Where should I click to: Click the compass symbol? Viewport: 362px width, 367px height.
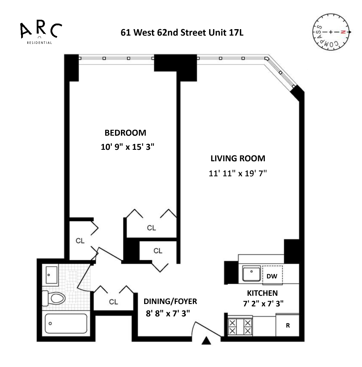pyautogui.click(x=331, y=32)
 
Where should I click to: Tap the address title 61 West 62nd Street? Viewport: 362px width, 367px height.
pyautogui.click(x=182, y=32)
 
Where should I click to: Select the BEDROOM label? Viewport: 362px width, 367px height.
pyautogui.click(x=125, y=133)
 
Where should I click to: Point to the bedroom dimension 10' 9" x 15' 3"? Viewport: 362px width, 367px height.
pyautogui.click(x=127, y=147)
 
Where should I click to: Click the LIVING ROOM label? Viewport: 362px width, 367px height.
pyautogui.click(x=238, y=158)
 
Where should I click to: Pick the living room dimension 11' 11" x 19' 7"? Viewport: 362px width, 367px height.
pyautogui.click(x=238, y=173)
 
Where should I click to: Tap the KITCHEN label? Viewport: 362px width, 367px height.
pyautogui.click(x=262, y=293)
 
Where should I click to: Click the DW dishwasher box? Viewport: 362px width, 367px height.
pyautogui.click(x=272, y=276)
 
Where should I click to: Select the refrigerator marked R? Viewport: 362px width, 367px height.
pyautogui.click(x=288, y=326)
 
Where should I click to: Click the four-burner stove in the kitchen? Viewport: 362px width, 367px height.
pyautogui.click(x=240, y=327)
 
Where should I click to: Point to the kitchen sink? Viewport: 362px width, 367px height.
pyautogui.click(x=252, y=273)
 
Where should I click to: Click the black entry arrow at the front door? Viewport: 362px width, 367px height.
pyautogui.click(x=207, y=341)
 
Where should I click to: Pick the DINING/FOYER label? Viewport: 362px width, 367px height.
pyautogui.click(x=170, y=301)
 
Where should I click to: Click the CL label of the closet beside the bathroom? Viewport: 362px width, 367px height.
pyautogui.click(x=113, y=302)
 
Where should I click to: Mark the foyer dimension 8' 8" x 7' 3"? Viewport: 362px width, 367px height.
pyautogui.click(x=168, y=314)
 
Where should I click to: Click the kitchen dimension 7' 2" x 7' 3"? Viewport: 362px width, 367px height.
pyautogui.click(x=263, y=303)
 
